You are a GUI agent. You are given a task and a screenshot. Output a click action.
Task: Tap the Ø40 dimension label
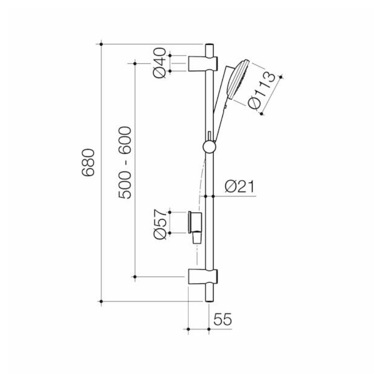pyautogui.click(x=160, y=63)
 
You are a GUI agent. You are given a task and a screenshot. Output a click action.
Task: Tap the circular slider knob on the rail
pyautogui.click(x=209, y=147)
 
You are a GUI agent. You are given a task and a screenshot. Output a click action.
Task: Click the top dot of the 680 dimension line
pyautogui.click(x=101, y=44)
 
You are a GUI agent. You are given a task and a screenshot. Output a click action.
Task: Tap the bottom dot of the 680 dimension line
pyautogui.click(x=101, y=301)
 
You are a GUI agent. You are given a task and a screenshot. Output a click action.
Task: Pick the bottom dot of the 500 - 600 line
pyautogui.click(x=135, y=276)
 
